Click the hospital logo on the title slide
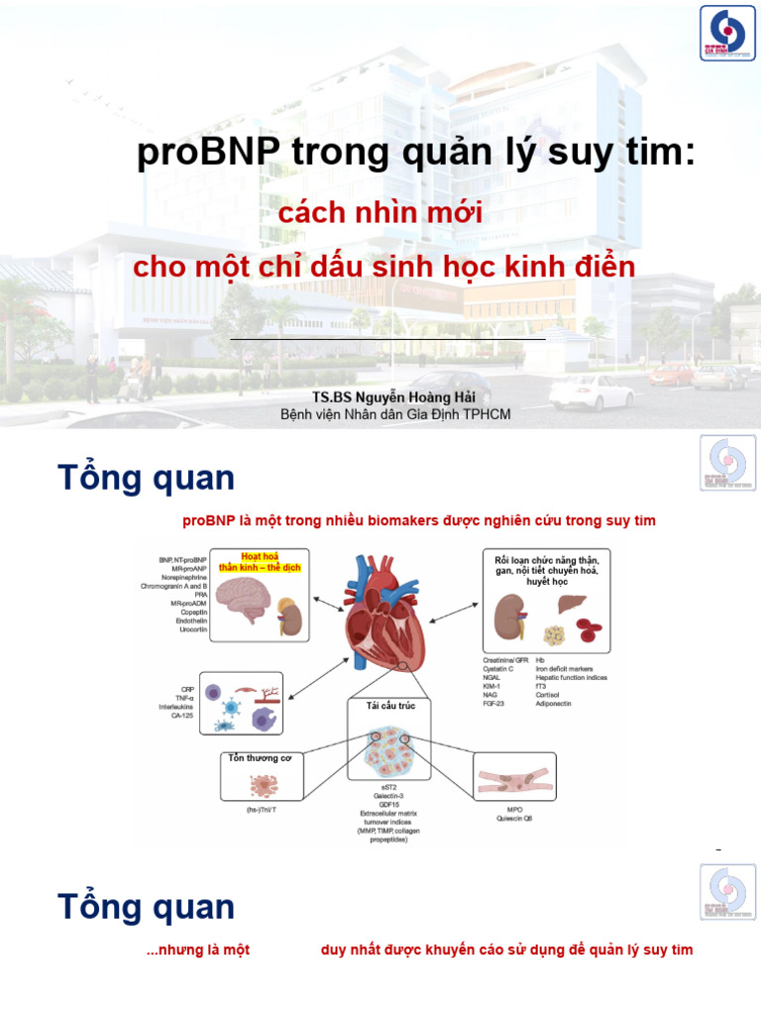click(x=728, y=34)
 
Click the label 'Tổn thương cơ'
click(x=260, y=759)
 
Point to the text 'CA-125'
click(x=180, y=716)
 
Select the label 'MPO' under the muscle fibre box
click(x=514, y=809)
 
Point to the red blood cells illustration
click(x=592, y=628)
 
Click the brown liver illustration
click(x=572, y=604)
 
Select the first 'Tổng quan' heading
click(x=146, y=478)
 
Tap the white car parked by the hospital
click(x=590, y=393)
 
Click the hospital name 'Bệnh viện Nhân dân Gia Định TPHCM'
click(x=395, y=414)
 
